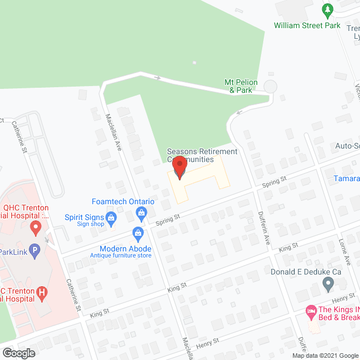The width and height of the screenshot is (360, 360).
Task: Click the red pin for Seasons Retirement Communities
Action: pyautogui.click(x=179, y=168)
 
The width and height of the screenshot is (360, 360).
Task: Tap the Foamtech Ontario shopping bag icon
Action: pyautogui.click(x=142, y=213)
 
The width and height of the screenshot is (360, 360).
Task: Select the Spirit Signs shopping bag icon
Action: pyautogui.click(x=111, y=217)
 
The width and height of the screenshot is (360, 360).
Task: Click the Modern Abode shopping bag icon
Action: pyautogui.click(x=137, y=232)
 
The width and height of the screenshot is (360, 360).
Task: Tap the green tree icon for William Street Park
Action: pyautogui.click(x=327, y=10)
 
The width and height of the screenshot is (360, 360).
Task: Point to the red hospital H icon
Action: pyautogui.click(x=42, y=292)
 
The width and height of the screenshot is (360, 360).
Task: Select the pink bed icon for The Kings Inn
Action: pyautogui.click(x=310, y=310)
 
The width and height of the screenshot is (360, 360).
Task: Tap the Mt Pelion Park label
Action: pyautogui.click(x=241, y=86)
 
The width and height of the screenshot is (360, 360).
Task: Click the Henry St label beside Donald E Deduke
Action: pyautogui.click(x=343, y=296)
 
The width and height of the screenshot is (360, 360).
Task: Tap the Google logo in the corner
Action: pyautogui.click(x=19, y=353)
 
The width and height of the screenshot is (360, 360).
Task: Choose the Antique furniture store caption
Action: pyautogui.click(x=121, y=256)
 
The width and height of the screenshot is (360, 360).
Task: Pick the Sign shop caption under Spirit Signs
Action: pyautogui.click(x=91, y=223)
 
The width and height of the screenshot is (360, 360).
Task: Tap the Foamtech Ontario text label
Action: pyautogui.click(x=123, y=201)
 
